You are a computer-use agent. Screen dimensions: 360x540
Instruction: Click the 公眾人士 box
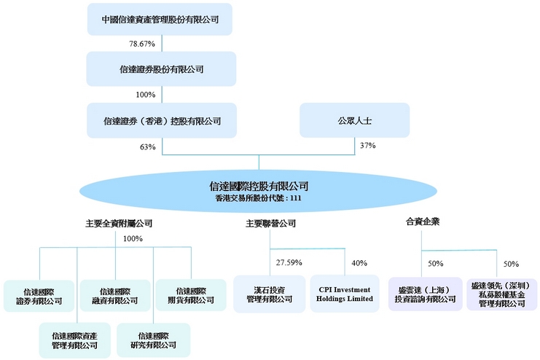coord(353,120)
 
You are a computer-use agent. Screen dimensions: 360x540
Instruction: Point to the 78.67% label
coord(142,44)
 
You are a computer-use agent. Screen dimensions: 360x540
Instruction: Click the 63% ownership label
coord(148,146)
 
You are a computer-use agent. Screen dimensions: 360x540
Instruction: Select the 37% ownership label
coord(368,146)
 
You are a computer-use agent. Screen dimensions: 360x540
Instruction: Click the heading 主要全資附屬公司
coord(119,224)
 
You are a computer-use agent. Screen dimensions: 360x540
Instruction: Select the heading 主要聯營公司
coord(270,224)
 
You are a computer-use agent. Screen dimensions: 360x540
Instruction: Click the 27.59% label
coord(289,262)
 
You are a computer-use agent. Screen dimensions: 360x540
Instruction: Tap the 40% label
coord(359,262)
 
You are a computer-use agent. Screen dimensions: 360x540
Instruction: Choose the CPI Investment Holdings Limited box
coord(345,294)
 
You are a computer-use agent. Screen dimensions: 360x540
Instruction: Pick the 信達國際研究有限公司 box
coord(153,340)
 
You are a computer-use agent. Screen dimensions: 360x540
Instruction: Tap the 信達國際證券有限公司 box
coord(39,295)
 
